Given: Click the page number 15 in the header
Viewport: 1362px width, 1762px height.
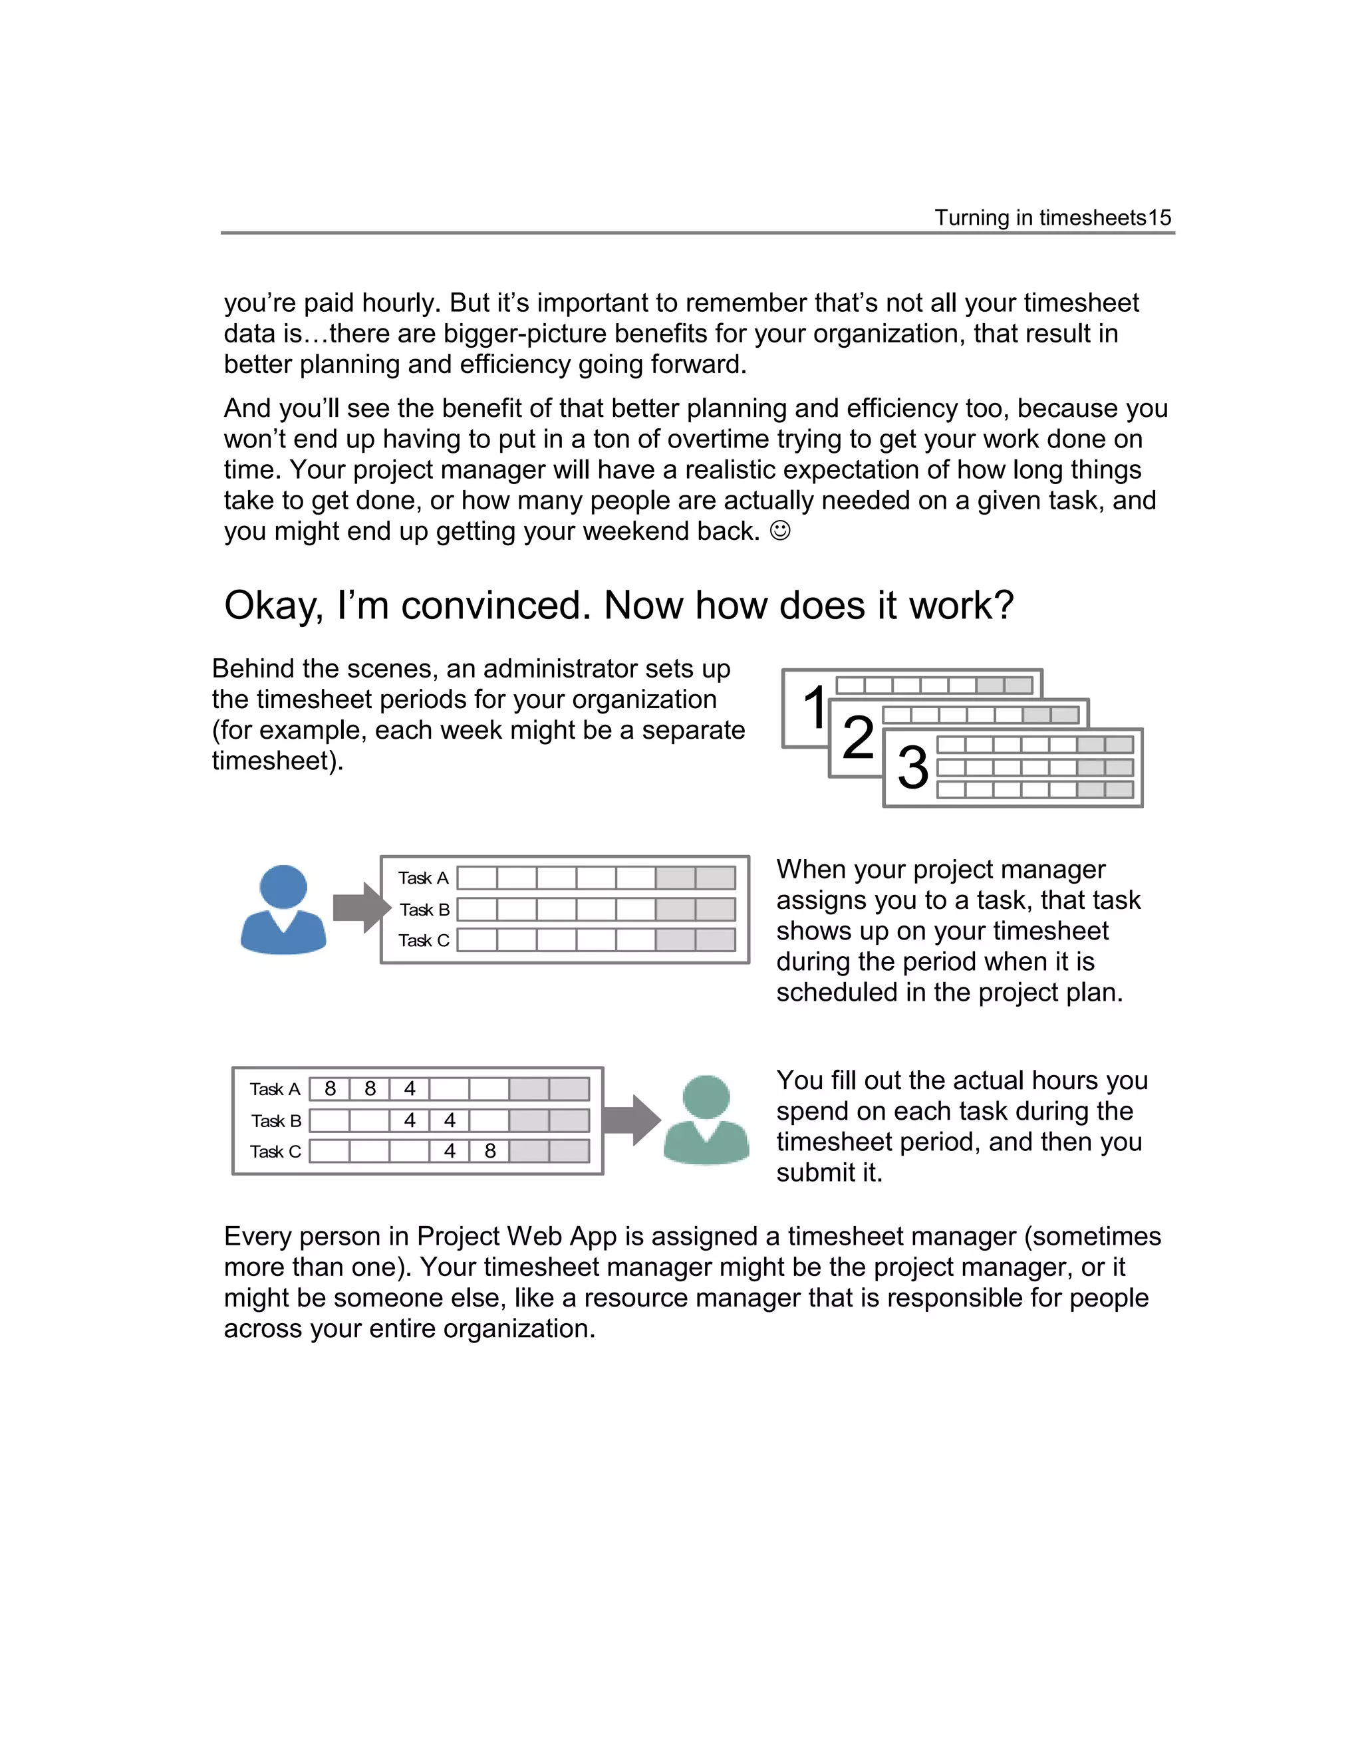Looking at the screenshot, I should point(1159,218).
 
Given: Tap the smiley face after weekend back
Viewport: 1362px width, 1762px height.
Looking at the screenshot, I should point(780,531).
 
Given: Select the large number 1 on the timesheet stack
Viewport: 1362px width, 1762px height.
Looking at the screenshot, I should point(815,707).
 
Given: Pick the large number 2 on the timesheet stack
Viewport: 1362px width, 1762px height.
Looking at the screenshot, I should point(858,737).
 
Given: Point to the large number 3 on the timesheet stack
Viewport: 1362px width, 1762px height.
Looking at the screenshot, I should point(912,767).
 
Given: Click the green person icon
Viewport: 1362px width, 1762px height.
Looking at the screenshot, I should point(706,1120).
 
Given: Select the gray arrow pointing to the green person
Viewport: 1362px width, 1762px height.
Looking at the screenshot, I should point(632,1120).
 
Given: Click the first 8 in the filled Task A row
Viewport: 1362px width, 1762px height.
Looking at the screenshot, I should point(330,1089).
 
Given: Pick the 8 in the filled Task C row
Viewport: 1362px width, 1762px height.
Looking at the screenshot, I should point(489,1151).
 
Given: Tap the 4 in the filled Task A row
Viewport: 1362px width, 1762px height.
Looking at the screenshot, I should point(410,1089).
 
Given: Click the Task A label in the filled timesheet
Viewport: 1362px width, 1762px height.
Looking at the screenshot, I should point(275,1090).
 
